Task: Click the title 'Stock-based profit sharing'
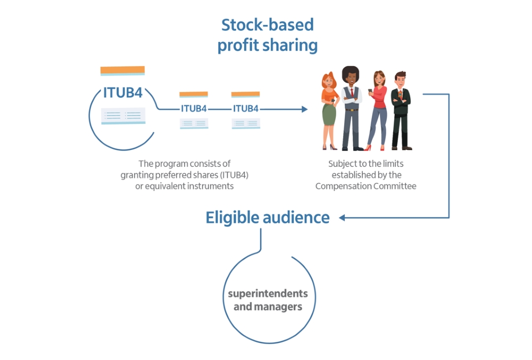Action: tap(267, 35)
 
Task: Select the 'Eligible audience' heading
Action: tap(268, 217)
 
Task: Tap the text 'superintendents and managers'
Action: tap(268, 300)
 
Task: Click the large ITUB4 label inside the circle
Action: tap(122, 93)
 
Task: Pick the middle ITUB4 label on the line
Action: tap(194, 108)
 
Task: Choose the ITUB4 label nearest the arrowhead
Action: tap(246, 108)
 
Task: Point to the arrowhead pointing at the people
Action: tap(304, 109)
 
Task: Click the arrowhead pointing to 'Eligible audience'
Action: tap(342, 217)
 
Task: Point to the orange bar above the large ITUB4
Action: tap(122, 70)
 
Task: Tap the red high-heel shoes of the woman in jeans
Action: tap(368, 148)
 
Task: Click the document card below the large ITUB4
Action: tap(123, 115)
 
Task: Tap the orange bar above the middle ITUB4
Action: tap(194, 94)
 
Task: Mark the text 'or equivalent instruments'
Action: tap(185, 186)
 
